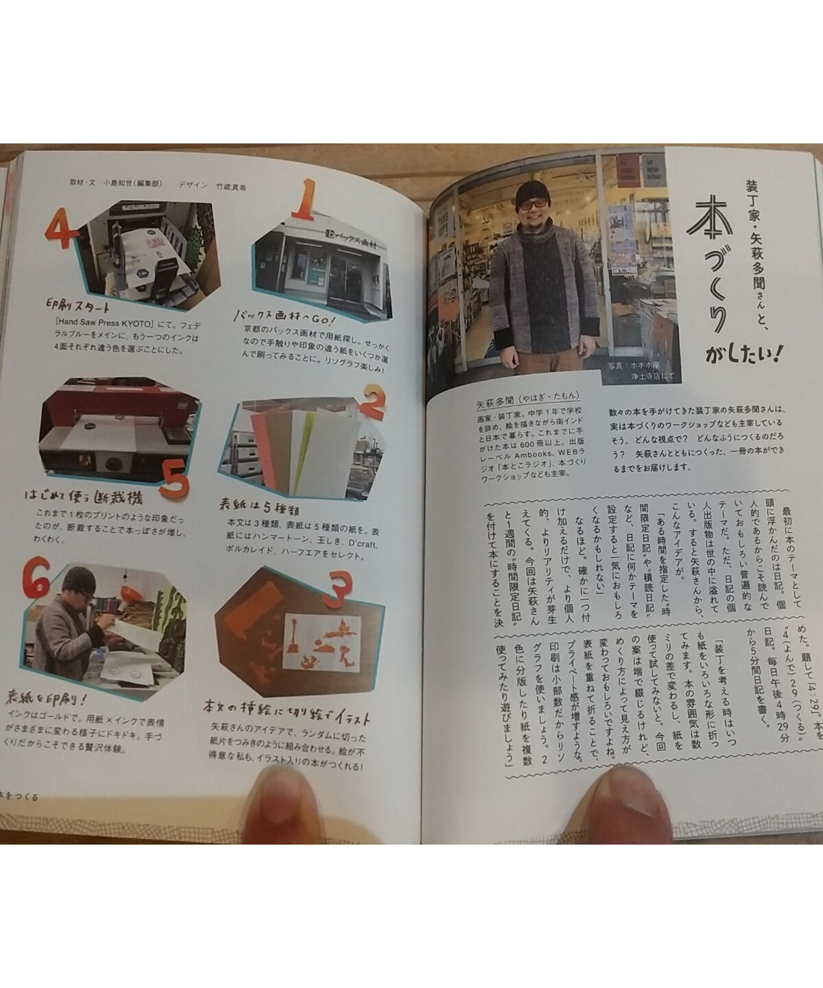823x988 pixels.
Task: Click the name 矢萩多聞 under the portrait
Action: coord(494,397)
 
